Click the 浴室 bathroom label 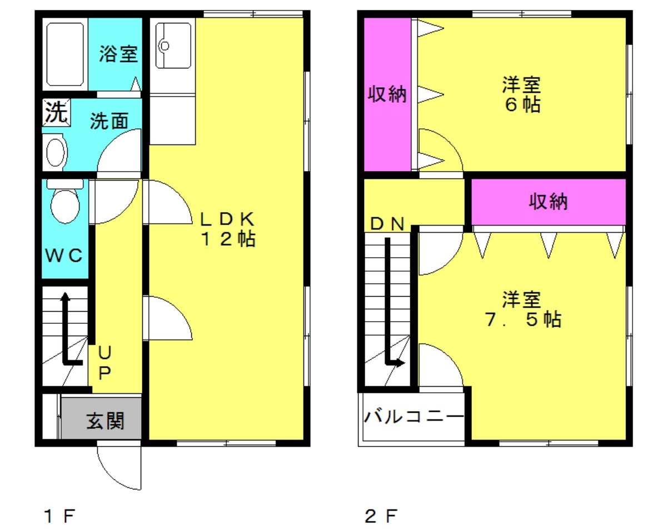pos(118,54)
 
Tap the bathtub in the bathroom pos(65,54)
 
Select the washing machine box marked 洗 pos(56,112)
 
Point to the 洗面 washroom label pos(109,121)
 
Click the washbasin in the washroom pos(56,152)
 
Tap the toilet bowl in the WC pos(65,206)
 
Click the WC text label pos(64,256)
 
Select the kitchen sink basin pos(173,45)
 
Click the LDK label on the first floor pos(227,219)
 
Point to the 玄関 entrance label pos(106,421)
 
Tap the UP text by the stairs pos(104,362)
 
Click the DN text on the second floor pos(387,224)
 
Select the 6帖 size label pos(522,104)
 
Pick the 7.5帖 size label pos(523,319)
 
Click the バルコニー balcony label pos(414,416)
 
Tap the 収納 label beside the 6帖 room pos(387,94)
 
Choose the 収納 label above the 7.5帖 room pos(548,202)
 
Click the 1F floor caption pos(59,516)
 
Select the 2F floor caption pos(381,516)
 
